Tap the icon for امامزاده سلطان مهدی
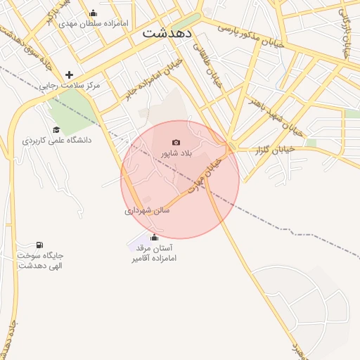94,13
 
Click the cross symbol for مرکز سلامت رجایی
69,75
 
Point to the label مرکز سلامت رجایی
69,85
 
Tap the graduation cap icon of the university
56,129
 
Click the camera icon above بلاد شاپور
176,143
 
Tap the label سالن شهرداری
147,210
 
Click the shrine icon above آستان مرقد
154,238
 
